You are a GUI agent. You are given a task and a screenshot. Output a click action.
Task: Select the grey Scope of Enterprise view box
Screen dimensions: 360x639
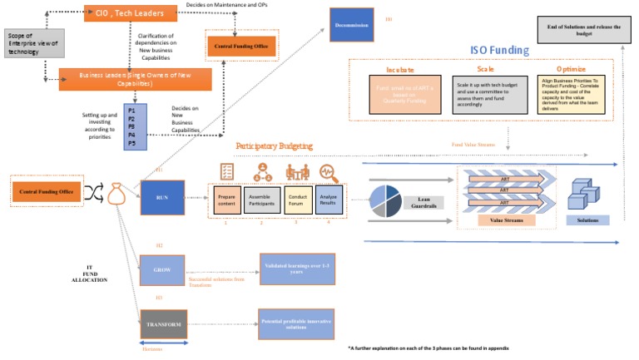(x=32, y=43)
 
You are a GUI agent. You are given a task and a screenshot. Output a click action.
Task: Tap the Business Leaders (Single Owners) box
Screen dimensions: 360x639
(x=135, y=79)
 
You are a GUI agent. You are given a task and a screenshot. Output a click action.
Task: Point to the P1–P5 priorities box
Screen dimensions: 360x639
(x=134, y=126)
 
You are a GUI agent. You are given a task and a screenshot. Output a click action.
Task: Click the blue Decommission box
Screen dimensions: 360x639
(x=351, y=25)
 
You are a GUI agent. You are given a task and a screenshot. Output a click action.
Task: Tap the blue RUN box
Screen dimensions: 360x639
(x=163, y=196)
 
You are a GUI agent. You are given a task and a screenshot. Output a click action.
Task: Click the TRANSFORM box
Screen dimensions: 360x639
(x=163, y=324)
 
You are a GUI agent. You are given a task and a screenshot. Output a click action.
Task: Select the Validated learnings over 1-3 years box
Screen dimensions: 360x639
(x=297, y=269)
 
